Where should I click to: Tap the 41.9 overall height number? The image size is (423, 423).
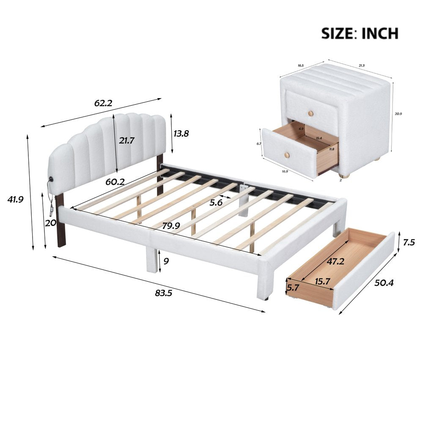tap(15, 199)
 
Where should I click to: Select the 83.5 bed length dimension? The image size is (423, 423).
tap(163, 293)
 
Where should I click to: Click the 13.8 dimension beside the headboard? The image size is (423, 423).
tap(181, 134)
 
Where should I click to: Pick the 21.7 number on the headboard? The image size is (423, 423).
tap(126, 141)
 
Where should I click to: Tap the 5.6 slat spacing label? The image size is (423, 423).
tap(216, 203)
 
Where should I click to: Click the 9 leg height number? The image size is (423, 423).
tap(166, 261)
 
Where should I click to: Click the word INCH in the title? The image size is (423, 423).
tap(379, 33)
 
